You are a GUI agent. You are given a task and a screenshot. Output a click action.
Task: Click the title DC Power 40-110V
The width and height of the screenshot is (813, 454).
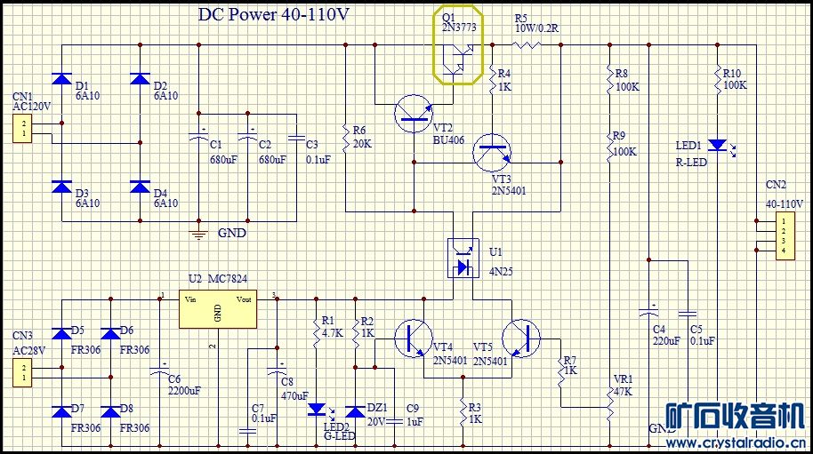(x=273, y=16)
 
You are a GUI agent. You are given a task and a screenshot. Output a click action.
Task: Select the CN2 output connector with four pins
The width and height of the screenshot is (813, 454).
(x=783, y=235)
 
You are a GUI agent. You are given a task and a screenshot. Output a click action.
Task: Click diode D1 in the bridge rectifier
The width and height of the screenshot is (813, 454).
(x=61, y=78)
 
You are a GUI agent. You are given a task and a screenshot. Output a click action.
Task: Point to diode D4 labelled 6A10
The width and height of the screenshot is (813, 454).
(x=140, y=187)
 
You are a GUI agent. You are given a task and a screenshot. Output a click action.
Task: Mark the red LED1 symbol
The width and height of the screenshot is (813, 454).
(x=717, y=143)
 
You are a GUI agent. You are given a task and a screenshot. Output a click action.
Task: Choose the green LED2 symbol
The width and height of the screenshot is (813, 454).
(x=316, y=410)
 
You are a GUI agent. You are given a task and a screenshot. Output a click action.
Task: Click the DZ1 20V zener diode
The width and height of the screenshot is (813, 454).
(x=356, y=410)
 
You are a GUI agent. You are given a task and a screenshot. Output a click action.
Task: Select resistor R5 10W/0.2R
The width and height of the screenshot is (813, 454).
(x=530, y=43)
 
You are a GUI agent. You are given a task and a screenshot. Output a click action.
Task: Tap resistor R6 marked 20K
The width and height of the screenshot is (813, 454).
(x=346, y=135)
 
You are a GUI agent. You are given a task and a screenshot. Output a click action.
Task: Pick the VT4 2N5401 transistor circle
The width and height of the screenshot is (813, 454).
(x=414, y=339)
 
